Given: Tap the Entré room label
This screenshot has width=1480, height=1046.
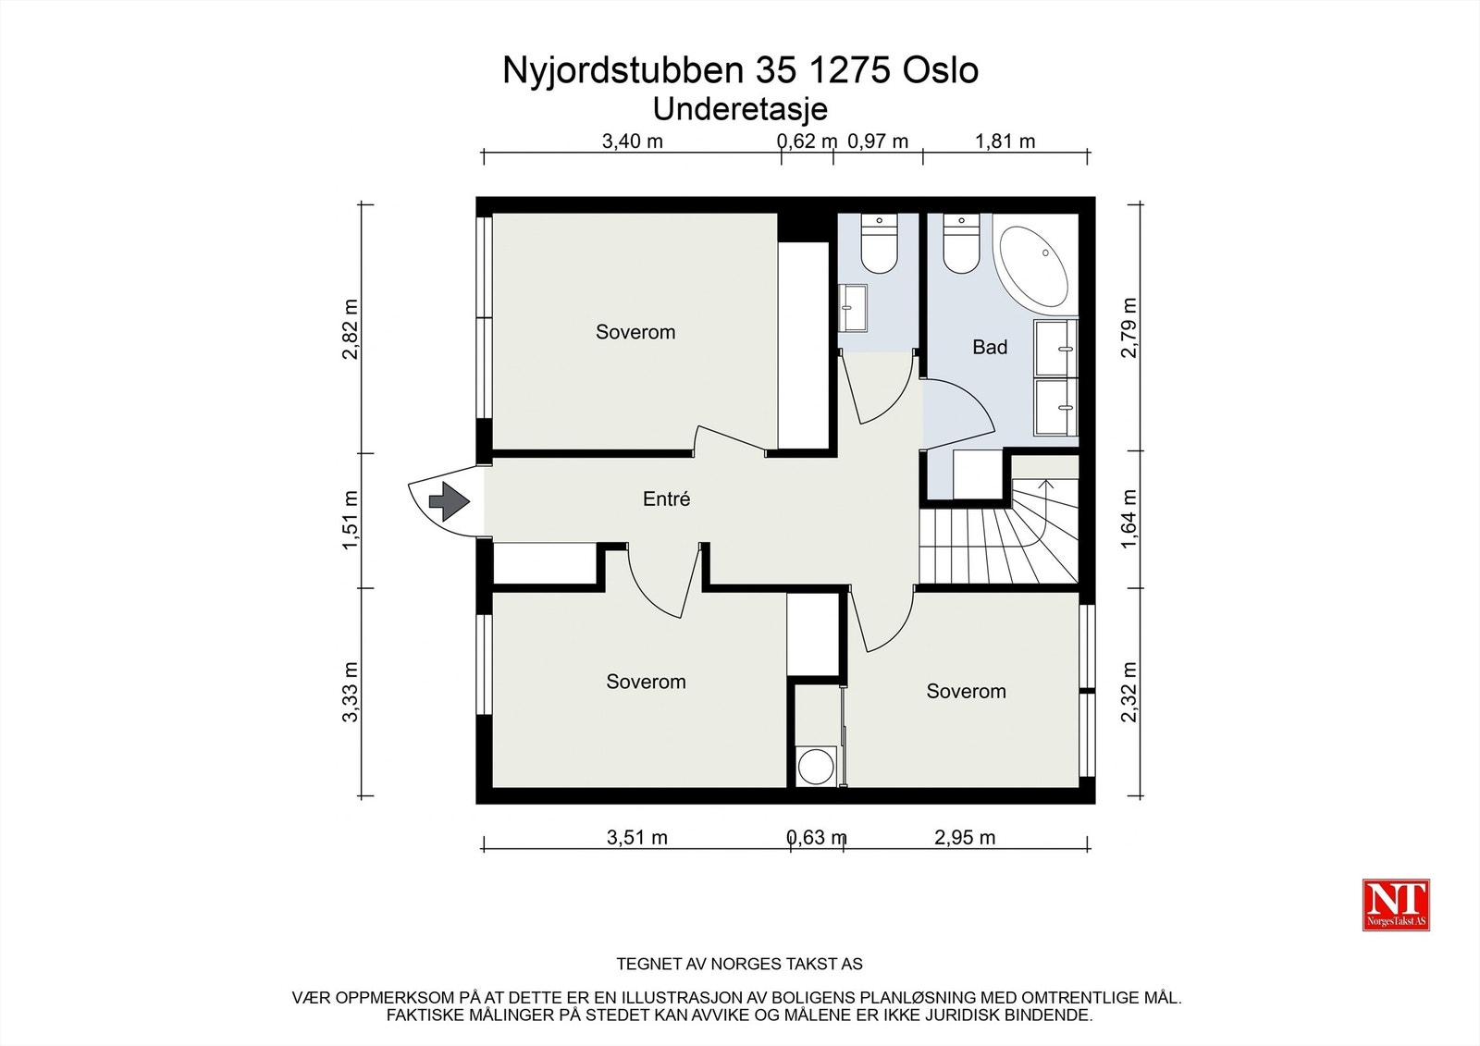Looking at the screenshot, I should (x=666, y=499).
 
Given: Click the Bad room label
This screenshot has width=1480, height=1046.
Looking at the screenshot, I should (x=989, y=348).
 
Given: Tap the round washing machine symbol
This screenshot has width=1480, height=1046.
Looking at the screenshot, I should (x=817, y=767).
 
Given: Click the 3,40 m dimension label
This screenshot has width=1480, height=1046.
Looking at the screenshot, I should (x=633, y=142).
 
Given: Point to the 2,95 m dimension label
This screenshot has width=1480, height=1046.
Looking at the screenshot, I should (x=965, y=838).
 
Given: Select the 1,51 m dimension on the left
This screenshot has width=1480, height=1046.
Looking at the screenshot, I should (x=351, y=520).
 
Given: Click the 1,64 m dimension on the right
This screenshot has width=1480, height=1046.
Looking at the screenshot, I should (x=1128, y=519).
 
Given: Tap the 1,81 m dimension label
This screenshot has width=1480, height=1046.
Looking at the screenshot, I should (x=1005, y=142).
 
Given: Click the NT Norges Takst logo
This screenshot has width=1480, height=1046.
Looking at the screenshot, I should (x=1396, y=904).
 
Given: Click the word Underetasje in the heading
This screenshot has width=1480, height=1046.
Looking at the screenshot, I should (x=740, y=109).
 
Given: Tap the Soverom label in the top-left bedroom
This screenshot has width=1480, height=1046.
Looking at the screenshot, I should (x=635, y=332).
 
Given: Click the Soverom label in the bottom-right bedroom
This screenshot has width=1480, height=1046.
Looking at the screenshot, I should (x=966, y=692).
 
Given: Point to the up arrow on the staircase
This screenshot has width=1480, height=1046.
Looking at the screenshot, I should (x=1046, y=485).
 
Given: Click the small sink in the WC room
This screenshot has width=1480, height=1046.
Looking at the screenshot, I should (x=853, y=308).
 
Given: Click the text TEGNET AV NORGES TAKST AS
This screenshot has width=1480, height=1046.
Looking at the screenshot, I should (x=739, y=964).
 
